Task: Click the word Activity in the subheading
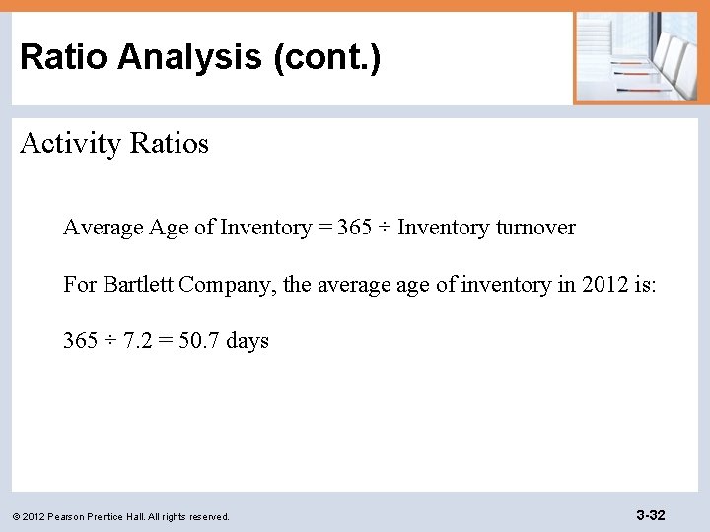[x=63, y=144]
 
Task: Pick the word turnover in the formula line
[x=535, y=228]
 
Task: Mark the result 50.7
[x=199, y=341]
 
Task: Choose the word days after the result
[x=248, y=341]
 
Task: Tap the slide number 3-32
[x=651, y=515]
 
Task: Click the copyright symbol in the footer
[x=16, y=517]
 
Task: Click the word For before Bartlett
[x=81, y=285]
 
